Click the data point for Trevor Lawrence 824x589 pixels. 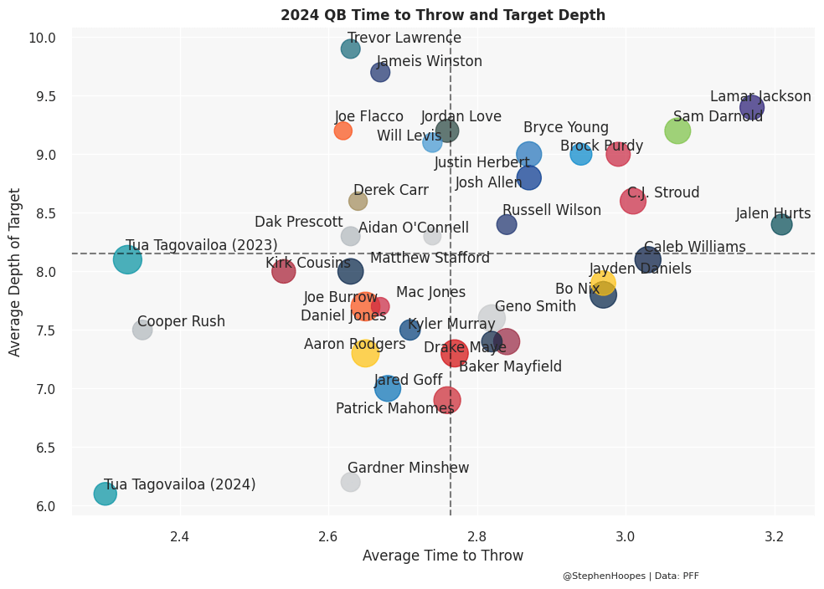point(350,49)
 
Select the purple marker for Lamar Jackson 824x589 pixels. point(751,107)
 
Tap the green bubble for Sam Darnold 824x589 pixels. point(677,131)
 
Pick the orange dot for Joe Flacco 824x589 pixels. point(342,131)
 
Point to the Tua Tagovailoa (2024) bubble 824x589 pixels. point(105,494)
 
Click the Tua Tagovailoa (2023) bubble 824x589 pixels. point(127,259)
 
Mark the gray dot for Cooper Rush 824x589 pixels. point(142,330)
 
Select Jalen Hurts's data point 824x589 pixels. point(781,224)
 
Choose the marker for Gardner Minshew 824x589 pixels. point(350,482)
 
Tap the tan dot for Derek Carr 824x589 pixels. point(358,201)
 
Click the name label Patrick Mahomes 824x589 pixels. point(394,408)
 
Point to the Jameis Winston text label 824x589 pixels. point(429,61)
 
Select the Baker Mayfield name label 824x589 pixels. point(510,366)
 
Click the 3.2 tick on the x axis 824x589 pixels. point(775,535)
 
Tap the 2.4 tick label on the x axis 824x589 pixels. point(179,535)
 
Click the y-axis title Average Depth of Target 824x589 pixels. point(15,271)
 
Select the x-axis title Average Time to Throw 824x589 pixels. point(442,556)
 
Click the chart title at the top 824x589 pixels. point(442,15)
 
